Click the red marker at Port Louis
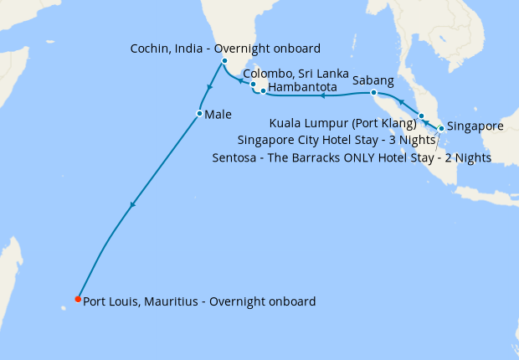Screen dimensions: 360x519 pyautogui.click(x=78, y=299)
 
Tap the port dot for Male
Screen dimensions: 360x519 pyautogui.click(x=199, y=113)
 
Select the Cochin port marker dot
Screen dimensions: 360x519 pyautogui.click(x=224, y=61)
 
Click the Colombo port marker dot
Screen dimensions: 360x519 pyautogui.click(x=253, y=85)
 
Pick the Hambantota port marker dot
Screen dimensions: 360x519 pyautogui.click(x=263, y=90)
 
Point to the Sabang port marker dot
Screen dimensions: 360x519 pyautogui.click(x=373, y=92)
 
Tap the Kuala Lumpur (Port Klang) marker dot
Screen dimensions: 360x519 pyautogui.click(x=422, y=116)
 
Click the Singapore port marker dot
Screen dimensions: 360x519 pyautogui.click(x=441, y=128)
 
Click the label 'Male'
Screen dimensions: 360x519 pyautogui.click(x=218, y=113)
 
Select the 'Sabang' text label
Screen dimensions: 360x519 pyautogui.click(x=373, y=80)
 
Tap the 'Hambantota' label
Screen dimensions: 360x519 pyautogui.click(x=303, y=87)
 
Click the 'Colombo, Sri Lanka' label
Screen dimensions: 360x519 pyautogui.click(x=295, y=74)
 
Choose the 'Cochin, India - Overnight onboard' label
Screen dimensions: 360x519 pyautogui.click(x=225, y=49)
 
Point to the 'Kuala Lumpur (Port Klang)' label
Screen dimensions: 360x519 pyautogui.click(x=342, y=124)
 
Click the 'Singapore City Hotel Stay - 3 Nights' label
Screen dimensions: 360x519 pyautogui.click(x=337, y=140)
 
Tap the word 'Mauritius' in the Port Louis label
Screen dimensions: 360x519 pyautogui.click(x=170, y=301)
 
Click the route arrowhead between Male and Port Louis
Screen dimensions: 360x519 pyautogui.click(x=132, y=204)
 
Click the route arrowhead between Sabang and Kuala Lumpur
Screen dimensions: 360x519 pyautogui.click(x=401, y=102)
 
